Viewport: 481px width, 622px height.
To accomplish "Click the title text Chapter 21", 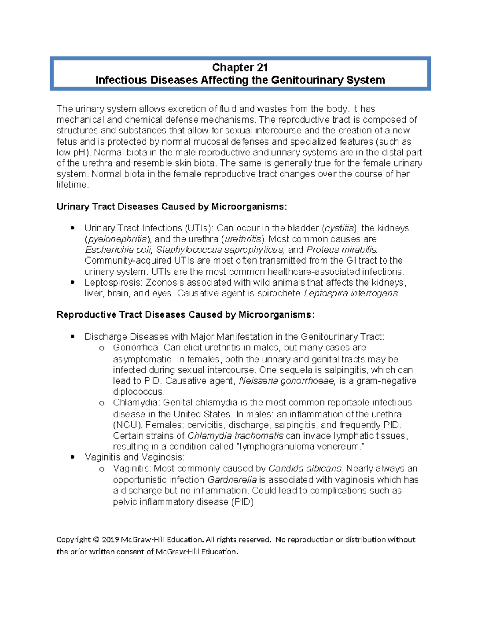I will click(240, 67).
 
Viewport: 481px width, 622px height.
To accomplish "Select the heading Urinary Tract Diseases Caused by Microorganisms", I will click(172, 207).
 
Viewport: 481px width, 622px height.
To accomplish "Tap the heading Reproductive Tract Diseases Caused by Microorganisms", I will click(186, 315).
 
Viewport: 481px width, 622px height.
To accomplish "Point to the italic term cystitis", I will click(340, 228).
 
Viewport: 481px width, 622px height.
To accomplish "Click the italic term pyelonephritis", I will click(117, 239).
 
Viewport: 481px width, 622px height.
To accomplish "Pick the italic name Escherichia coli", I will click(118, 250).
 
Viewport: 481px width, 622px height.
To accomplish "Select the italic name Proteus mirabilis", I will click(342, 250).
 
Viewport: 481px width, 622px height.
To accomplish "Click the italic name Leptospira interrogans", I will click(351, 293).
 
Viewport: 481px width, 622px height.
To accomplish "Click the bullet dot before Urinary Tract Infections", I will click(73, 228).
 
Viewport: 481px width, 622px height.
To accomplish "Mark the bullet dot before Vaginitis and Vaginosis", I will click(73, 457).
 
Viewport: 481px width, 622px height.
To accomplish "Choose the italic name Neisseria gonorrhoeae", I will click(287, 381).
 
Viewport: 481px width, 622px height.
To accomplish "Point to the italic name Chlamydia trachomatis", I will click(235, 436).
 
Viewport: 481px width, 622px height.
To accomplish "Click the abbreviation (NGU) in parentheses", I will click(127, 425).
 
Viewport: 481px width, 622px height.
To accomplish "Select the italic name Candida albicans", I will click(305, 469).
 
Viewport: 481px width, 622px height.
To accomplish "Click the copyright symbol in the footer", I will click(96, 540).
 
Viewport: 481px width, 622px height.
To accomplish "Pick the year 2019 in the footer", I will click(110, 540).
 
